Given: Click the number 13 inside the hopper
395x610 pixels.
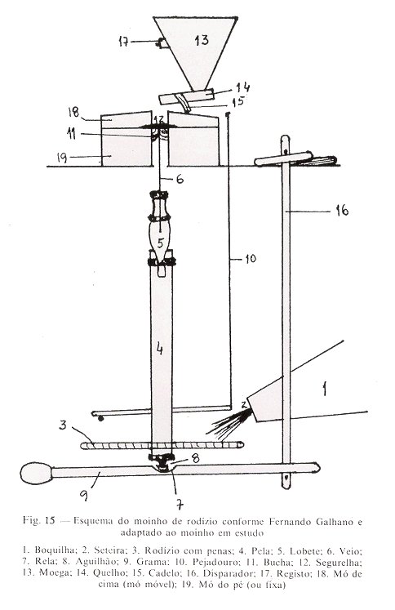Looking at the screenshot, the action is coord(202,40).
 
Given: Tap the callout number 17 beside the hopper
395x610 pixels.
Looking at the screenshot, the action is coord(123,41).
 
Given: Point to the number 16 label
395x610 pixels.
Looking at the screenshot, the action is coord(342,211).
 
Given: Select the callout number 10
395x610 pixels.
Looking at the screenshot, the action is coord(251,259).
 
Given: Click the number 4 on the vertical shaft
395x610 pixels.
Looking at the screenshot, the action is coord(159,350).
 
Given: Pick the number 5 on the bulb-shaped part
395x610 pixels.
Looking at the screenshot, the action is coord(161,243).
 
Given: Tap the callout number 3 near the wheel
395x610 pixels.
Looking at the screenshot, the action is coord(63,425).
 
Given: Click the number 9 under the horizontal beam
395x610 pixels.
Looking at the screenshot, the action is coord(84,495).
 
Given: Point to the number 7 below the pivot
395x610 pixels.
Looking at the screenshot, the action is coord(180,505).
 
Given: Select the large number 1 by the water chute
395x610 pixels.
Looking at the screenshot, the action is coord(325,389).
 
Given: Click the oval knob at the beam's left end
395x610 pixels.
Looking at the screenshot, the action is coord(36,474).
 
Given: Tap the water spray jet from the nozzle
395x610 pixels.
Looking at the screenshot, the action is coord(229,423).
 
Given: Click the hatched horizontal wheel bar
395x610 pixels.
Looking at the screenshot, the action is coord(162,445).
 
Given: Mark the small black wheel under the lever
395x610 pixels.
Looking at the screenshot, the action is coord(101,419).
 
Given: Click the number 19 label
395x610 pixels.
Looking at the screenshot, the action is coord(62,158).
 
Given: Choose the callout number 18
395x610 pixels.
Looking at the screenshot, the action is coord(73,112).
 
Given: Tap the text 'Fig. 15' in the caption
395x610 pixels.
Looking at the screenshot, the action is coord(38,520).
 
